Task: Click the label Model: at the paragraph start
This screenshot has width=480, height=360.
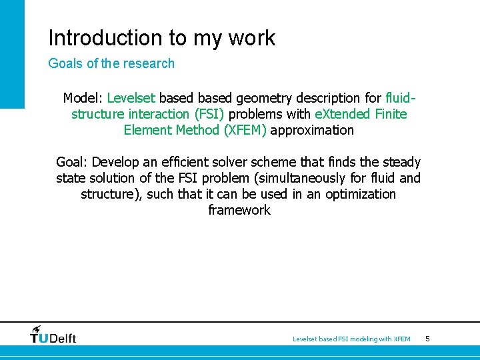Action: click(83, 98)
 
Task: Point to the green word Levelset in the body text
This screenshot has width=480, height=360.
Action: click(131, 98)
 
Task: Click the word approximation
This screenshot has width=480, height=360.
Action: click(312, 130)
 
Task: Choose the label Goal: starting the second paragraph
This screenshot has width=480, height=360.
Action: click(73, 162)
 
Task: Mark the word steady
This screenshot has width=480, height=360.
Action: click(400, 162)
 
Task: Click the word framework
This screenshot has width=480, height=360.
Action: click(239, 210)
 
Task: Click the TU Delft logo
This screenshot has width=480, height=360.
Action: click(53, 335)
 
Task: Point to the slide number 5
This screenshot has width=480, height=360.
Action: click(427, 339)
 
